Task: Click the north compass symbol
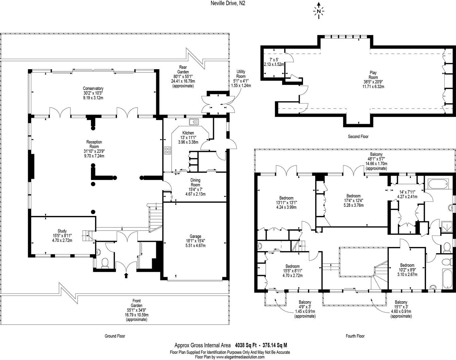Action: coord(319,11)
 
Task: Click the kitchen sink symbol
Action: coord(193,122)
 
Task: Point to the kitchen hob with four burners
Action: coord(168,151)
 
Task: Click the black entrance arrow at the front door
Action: coord(126,275)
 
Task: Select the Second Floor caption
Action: coord(358,136)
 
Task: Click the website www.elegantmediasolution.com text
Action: coord(240,357)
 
